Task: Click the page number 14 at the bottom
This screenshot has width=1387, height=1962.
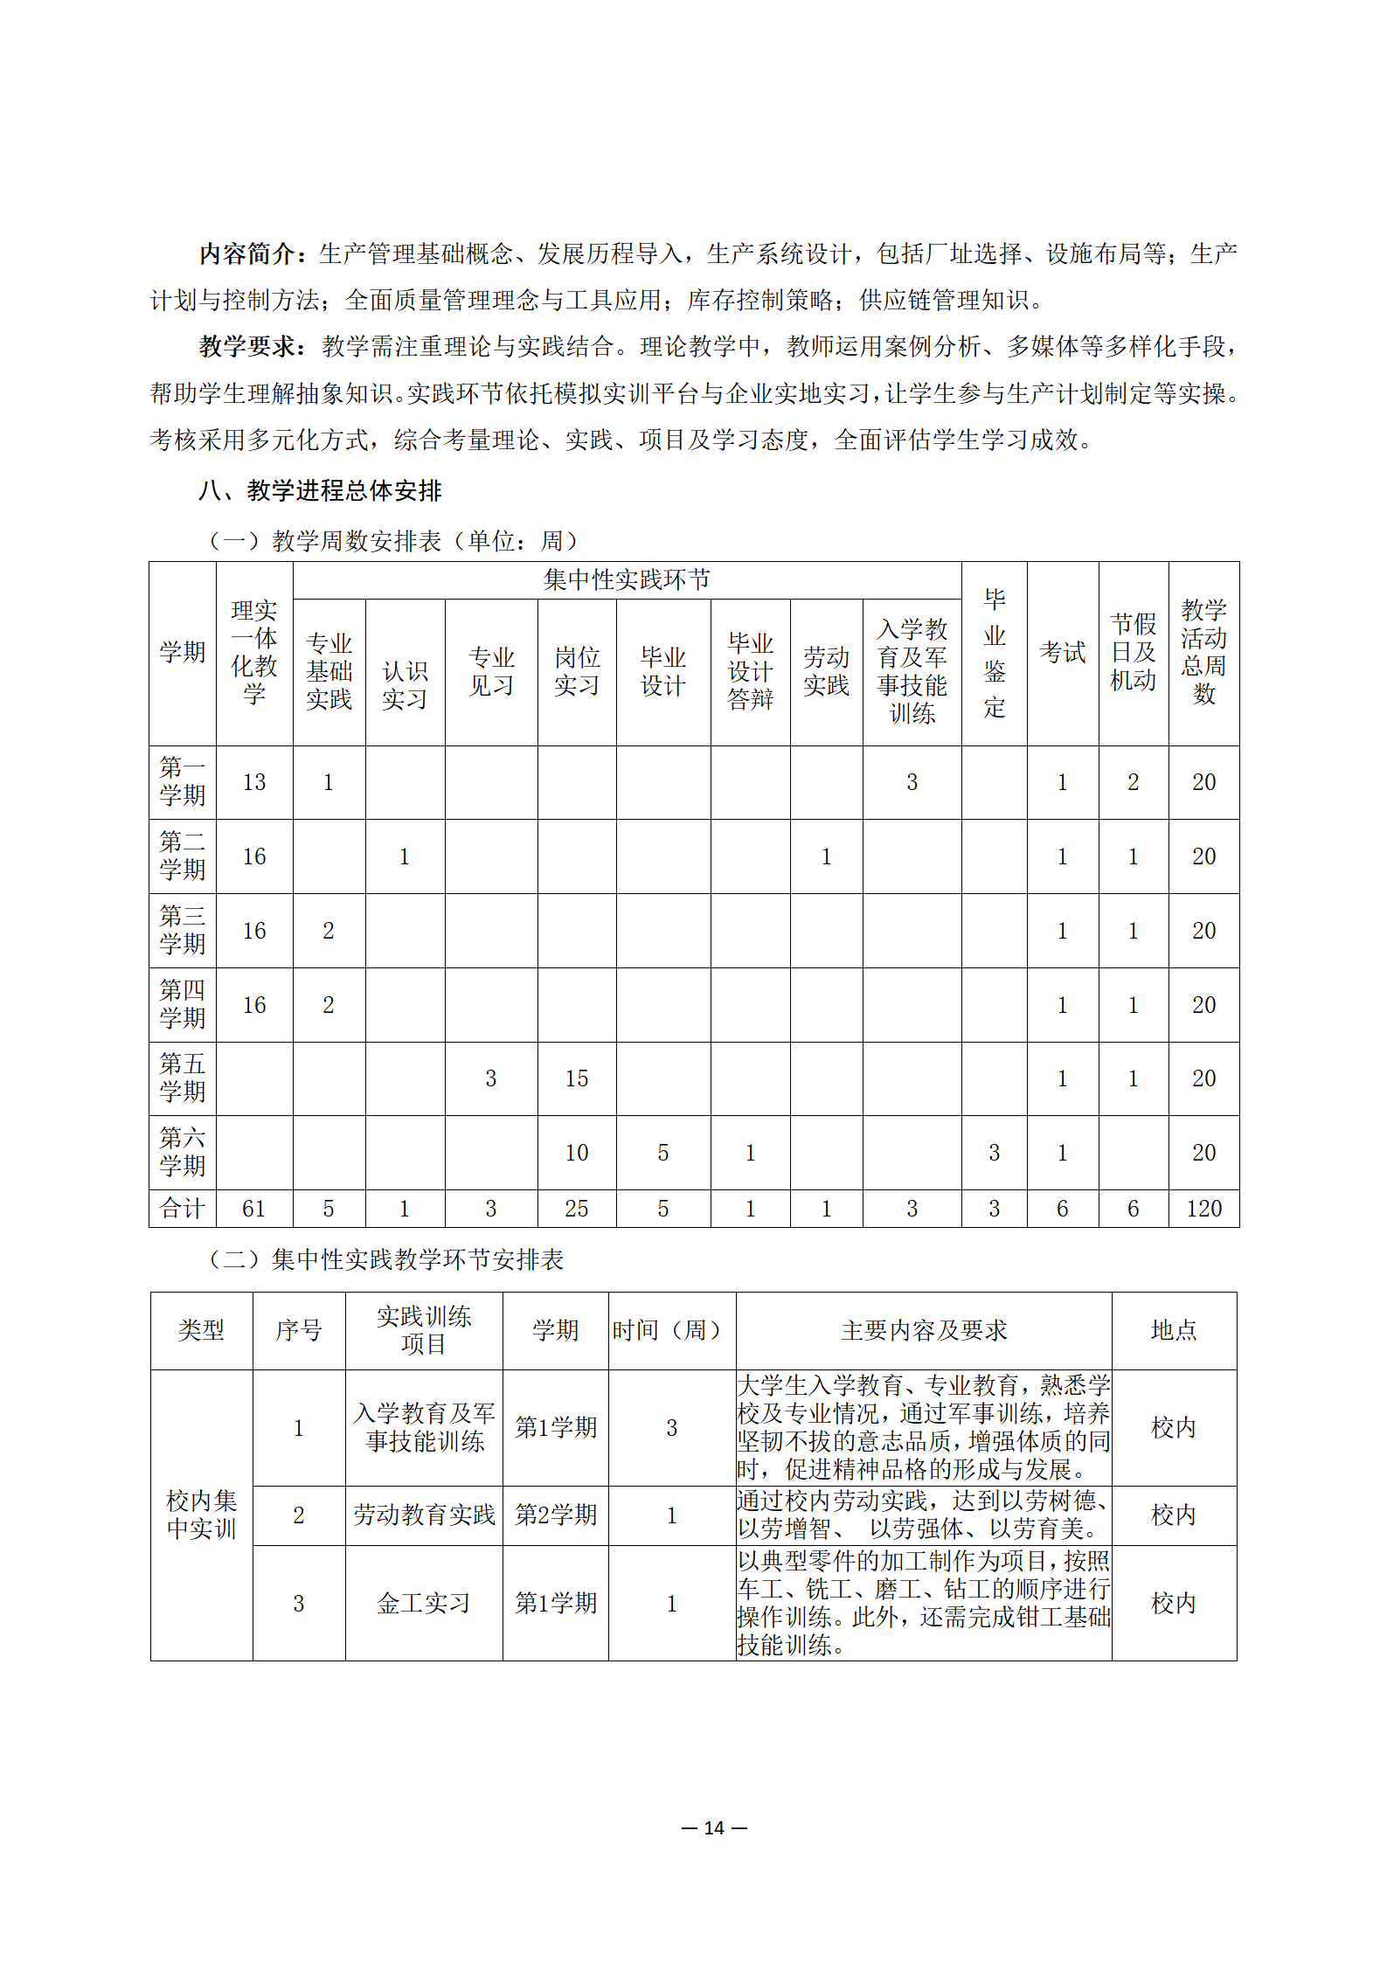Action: (x=714, y=1827)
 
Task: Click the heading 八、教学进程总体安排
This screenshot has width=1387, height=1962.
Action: (x=320, y=490)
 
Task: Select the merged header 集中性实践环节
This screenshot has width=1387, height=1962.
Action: (x=627, y=579)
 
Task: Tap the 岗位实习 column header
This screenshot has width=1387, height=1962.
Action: (x=576, y=671)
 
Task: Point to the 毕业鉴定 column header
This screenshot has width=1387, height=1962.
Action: (x=994, y=653)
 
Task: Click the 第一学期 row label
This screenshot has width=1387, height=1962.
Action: (x=183, y=781)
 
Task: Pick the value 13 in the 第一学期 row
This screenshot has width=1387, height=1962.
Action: (x=254, y=782)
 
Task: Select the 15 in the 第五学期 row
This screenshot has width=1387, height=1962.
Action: (x=576, y=1078)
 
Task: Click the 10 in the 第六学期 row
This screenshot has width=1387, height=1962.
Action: (x=576, y=1153)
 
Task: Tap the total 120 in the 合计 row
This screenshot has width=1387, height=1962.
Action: (x=1203, y=1209)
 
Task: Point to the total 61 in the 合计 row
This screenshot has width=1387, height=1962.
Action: (x=254, y=1209)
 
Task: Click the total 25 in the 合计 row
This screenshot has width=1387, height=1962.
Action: (x=576, y=1209)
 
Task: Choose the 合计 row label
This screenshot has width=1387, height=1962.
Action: (x=183, y=1209)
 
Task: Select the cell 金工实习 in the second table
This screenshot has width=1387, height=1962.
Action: (x=424, y=1603)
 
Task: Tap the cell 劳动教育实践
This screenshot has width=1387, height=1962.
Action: (x=424, y=1515)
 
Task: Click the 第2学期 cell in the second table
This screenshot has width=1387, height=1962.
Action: (x=555, y=1515)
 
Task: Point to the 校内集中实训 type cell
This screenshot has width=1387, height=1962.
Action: (x=201, y=1515)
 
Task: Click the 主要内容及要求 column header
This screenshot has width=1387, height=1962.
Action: (x=924, y=1330)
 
